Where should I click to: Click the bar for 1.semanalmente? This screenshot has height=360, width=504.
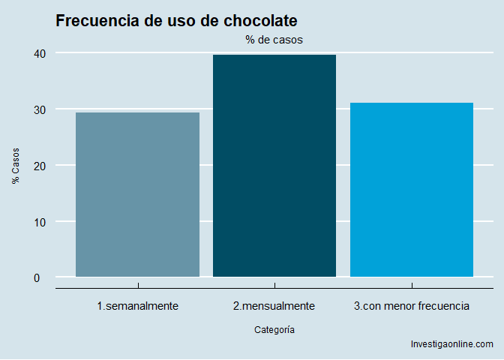[137, 194]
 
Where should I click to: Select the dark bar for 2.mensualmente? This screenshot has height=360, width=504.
[274, 166]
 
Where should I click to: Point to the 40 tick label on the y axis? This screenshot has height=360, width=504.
[40, 53]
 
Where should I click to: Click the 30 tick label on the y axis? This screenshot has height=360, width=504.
[40, 109]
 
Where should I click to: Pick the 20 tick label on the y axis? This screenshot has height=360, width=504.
[40, 166]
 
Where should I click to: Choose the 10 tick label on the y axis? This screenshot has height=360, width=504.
[40, 222]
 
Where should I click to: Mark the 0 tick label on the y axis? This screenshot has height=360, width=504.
[43, 277]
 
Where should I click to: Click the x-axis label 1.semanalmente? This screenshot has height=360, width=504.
[137, 306]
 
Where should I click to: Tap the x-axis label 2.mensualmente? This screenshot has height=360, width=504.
[274, 306]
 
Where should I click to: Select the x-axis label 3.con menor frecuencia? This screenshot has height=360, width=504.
[412, 306]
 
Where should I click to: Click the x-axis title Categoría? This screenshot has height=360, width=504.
[274, 329]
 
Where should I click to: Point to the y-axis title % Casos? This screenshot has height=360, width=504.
[16, 165]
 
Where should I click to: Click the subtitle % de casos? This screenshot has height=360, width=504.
[274, 40]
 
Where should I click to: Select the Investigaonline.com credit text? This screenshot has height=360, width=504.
[452, 344]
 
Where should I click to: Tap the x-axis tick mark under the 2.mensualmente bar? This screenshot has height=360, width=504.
[274, 285]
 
